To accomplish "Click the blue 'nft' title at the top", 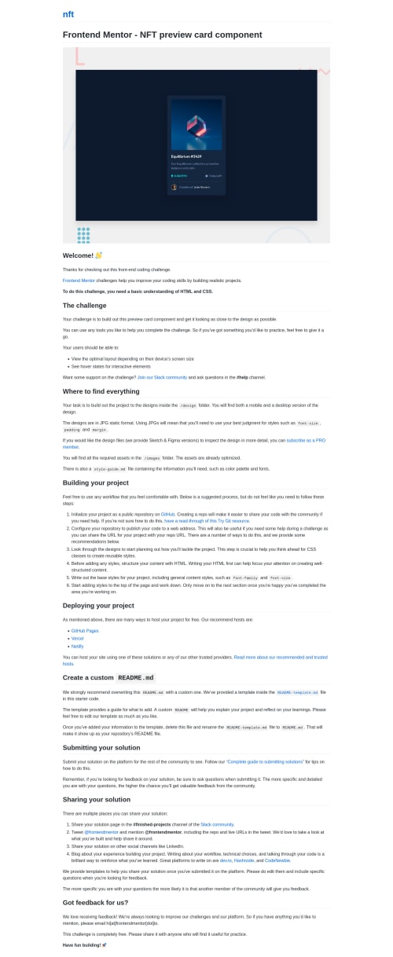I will [68, 14].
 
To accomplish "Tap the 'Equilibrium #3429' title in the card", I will [186, 156].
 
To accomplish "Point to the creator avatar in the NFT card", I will [174, 187].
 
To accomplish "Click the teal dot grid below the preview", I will [83, 235].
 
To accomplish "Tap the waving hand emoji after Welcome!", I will [99, 255].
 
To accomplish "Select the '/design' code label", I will [188, 405].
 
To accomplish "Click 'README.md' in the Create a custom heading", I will [135, 677].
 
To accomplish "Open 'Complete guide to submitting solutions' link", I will [265, 762].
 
